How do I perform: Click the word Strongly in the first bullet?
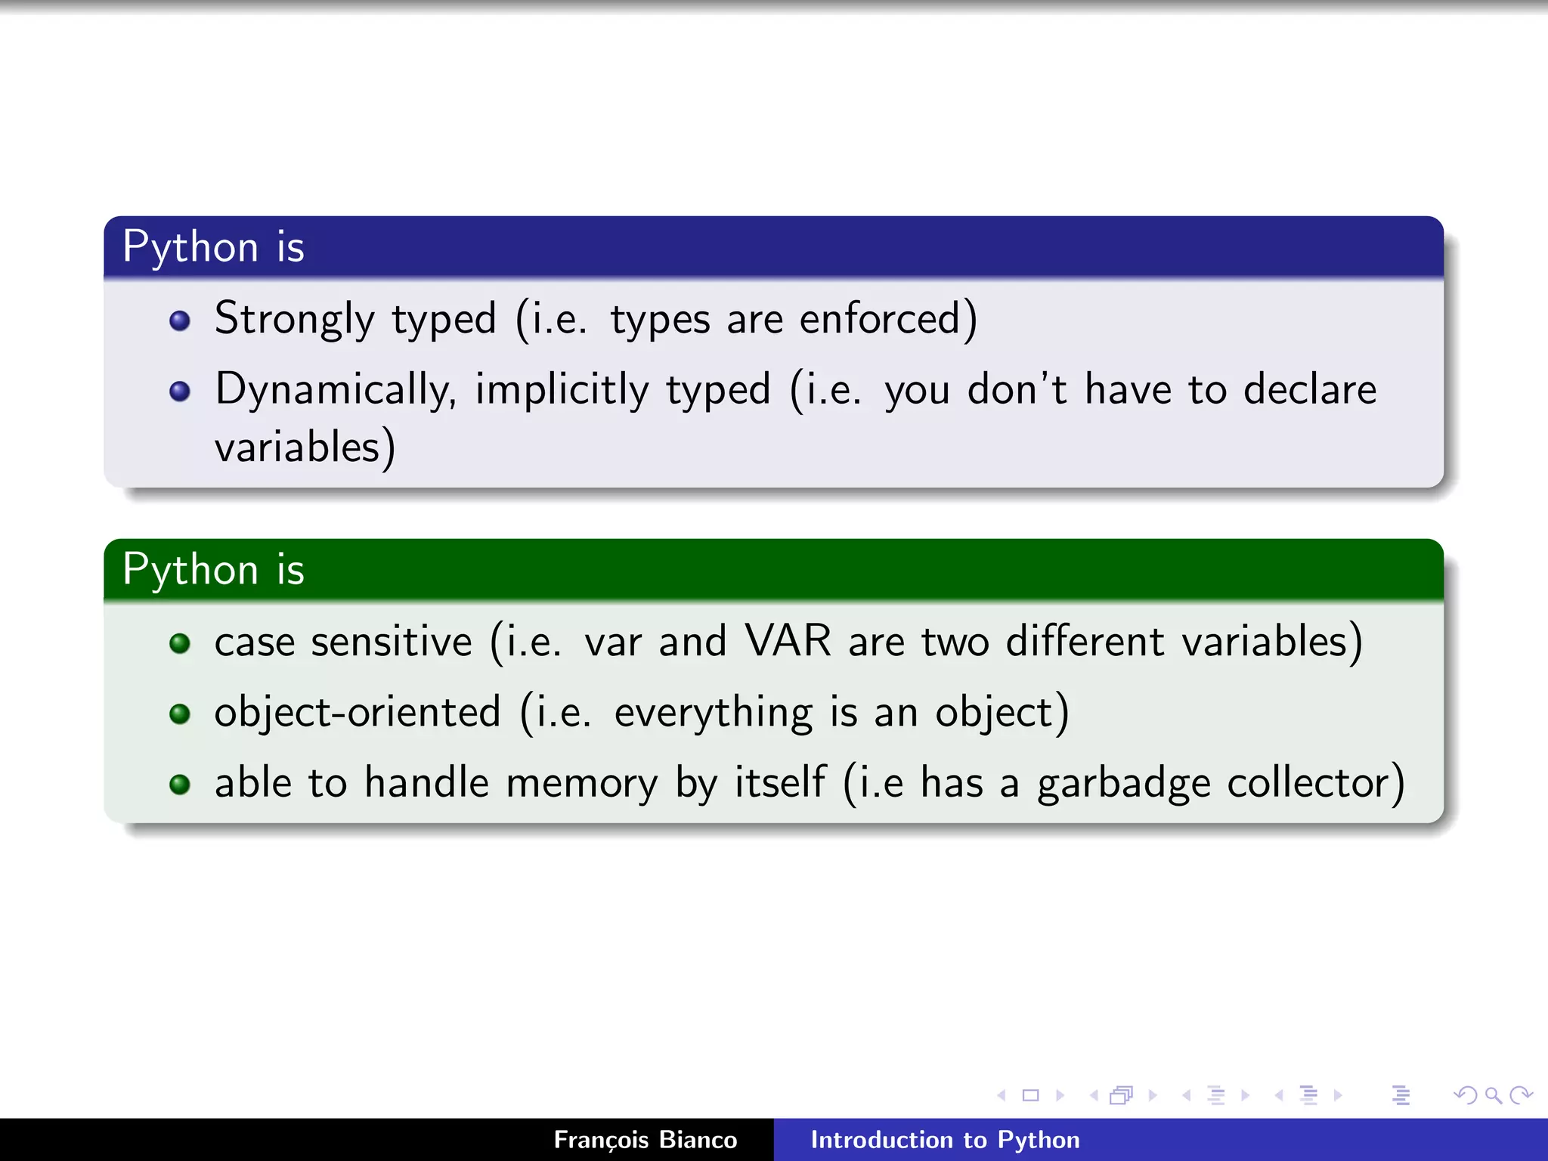click(x=294, y=319)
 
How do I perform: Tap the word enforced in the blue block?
click(x=880, y=319)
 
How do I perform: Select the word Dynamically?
click(x=335, y=390)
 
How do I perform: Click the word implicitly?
click(x=562, y=390)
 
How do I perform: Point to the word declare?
click(x=1310, y=390)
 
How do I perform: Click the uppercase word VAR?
click(x=788, y=641)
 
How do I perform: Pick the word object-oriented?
click(x=358, y=712)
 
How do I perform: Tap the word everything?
click(x=713, y=712)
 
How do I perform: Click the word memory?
click(x=582, y=783)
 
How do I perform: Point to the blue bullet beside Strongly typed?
click(x=180, y=321)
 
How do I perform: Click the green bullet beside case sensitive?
click(x=180, y=643)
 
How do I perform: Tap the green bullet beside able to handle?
click(x=180, y=785)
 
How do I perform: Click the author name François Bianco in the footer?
click(x=645, y=1140)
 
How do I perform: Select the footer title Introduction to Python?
click(x=945, y=1140)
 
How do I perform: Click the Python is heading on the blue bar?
click(x=213, y=247)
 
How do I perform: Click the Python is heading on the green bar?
click(x=213, y=569)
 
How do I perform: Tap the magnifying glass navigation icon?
click(x=1493, y=1094)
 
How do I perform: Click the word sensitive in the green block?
click(x=392, y=641)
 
